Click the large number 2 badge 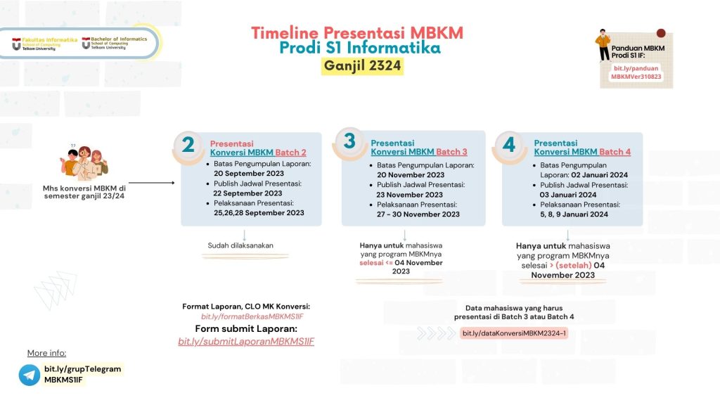point(188,145)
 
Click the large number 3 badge point(349,141)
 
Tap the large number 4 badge point(510,145)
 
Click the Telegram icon point(30,375)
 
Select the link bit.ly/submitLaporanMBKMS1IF point(246,342)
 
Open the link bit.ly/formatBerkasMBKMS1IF point(252,317)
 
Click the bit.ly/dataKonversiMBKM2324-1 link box point(514,333)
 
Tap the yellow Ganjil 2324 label point(363,66)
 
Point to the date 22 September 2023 point(248,193)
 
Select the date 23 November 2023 point(409,195)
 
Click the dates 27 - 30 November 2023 point(418,214)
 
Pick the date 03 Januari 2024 point(568,195)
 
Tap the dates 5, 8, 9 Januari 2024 point(574,214)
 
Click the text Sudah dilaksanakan point(240,245)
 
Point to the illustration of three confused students point(84,163)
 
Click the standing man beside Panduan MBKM point(603,46)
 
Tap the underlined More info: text point(46,353)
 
